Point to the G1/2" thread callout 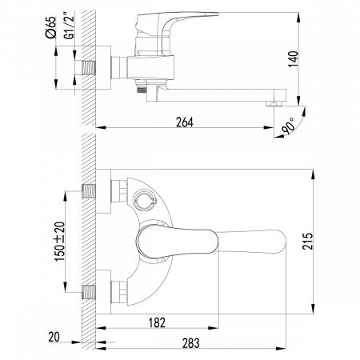coord(70,33)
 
